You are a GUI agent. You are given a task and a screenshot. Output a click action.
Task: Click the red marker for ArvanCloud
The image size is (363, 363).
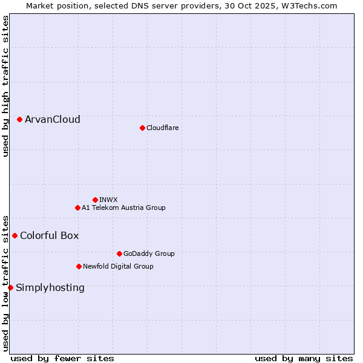click(20, 120)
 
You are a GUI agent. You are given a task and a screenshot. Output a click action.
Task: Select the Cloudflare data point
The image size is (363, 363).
click(142, 128)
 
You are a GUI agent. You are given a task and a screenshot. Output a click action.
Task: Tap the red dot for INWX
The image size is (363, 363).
click(95, 200)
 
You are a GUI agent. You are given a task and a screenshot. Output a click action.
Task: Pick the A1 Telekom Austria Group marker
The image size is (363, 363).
click(77, 208)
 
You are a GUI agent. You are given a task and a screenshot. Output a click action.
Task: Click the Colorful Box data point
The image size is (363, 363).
click(15, 235)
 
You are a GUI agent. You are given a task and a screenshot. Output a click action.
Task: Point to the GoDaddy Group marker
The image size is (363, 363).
click(119, 253)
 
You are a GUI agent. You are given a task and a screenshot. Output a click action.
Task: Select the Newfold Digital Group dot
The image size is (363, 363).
click(79, 266)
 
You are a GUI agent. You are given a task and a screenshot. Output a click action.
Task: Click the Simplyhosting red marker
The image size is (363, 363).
click(11, 287)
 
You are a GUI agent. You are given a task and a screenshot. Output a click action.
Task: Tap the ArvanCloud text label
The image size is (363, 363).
click(53, 120)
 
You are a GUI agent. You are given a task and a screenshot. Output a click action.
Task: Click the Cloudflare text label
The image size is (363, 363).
click(163, 128)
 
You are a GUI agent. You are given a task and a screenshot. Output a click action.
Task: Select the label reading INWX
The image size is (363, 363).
click(109, 200)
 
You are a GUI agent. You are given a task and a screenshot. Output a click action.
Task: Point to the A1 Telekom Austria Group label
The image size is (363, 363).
click(123, 208)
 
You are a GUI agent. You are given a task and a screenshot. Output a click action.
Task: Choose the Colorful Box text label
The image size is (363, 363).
click(50, 235)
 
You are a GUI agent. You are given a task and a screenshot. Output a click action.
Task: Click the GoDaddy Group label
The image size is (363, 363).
click(149, 253)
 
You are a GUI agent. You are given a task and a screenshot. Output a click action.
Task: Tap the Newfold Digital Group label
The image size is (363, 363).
click(118, 266)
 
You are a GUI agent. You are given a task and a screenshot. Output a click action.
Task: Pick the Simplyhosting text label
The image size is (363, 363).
click(50, 287)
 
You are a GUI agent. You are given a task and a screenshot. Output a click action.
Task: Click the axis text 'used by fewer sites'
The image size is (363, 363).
click(62, 358)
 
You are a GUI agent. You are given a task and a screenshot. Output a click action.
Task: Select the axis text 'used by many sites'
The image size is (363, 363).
click(304, 358)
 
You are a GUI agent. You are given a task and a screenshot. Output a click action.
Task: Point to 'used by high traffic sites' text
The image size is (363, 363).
click(6, 87)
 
